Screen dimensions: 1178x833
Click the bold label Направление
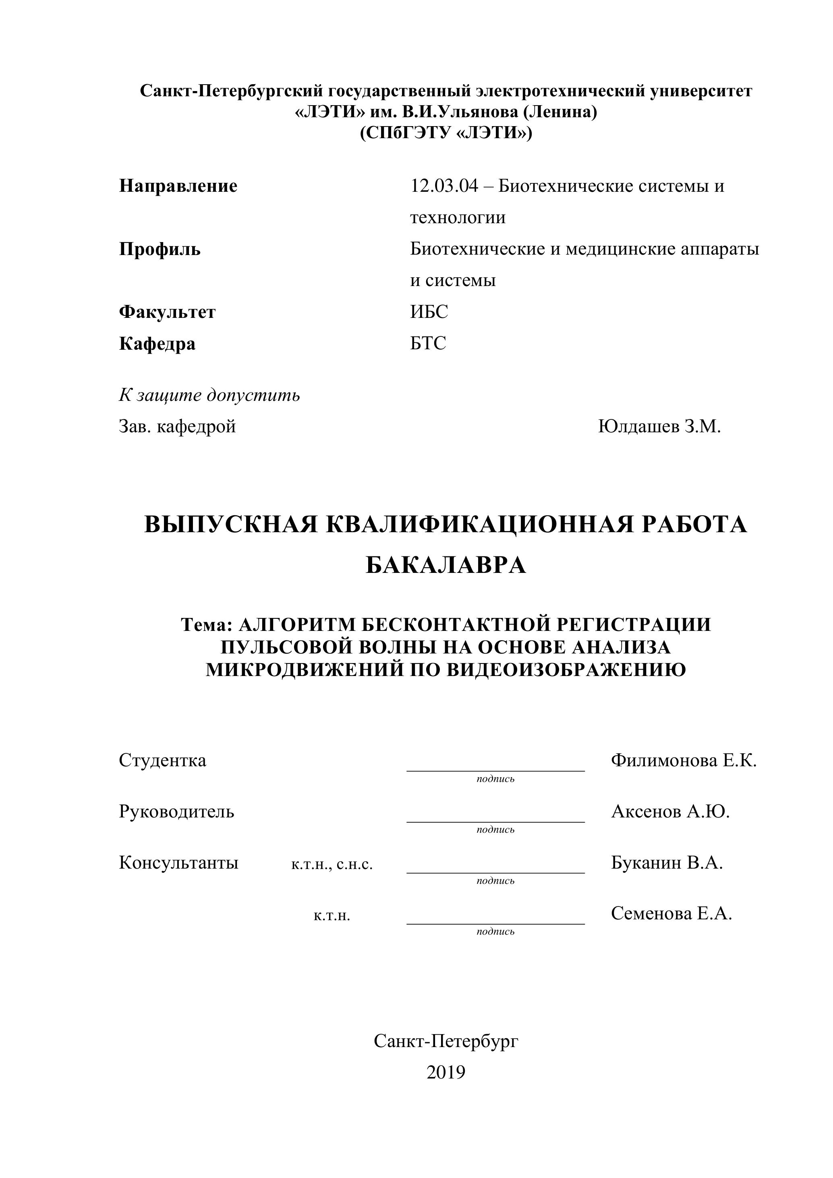point(178,186)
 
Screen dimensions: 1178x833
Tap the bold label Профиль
point(160,249)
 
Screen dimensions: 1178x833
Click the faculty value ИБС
point(429,312)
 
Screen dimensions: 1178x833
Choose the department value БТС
point(428,343)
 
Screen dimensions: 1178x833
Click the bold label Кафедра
point(157,343)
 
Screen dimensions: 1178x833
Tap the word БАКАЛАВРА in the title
point(446,565)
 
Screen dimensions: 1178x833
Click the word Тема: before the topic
point(207,624)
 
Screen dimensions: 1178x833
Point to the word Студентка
point(163,760)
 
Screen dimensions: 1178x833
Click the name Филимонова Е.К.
point(684,760)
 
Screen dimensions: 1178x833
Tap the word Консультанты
point(178,863)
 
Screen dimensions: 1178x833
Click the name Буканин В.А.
point(667,863)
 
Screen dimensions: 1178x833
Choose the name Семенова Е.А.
point(671,913)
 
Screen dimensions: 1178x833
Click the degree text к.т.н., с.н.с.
point(332,865)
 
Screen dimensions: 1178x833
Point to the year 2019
point(446,1072)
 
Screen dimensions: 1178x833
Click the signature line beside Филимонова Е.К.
point(495,769)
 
